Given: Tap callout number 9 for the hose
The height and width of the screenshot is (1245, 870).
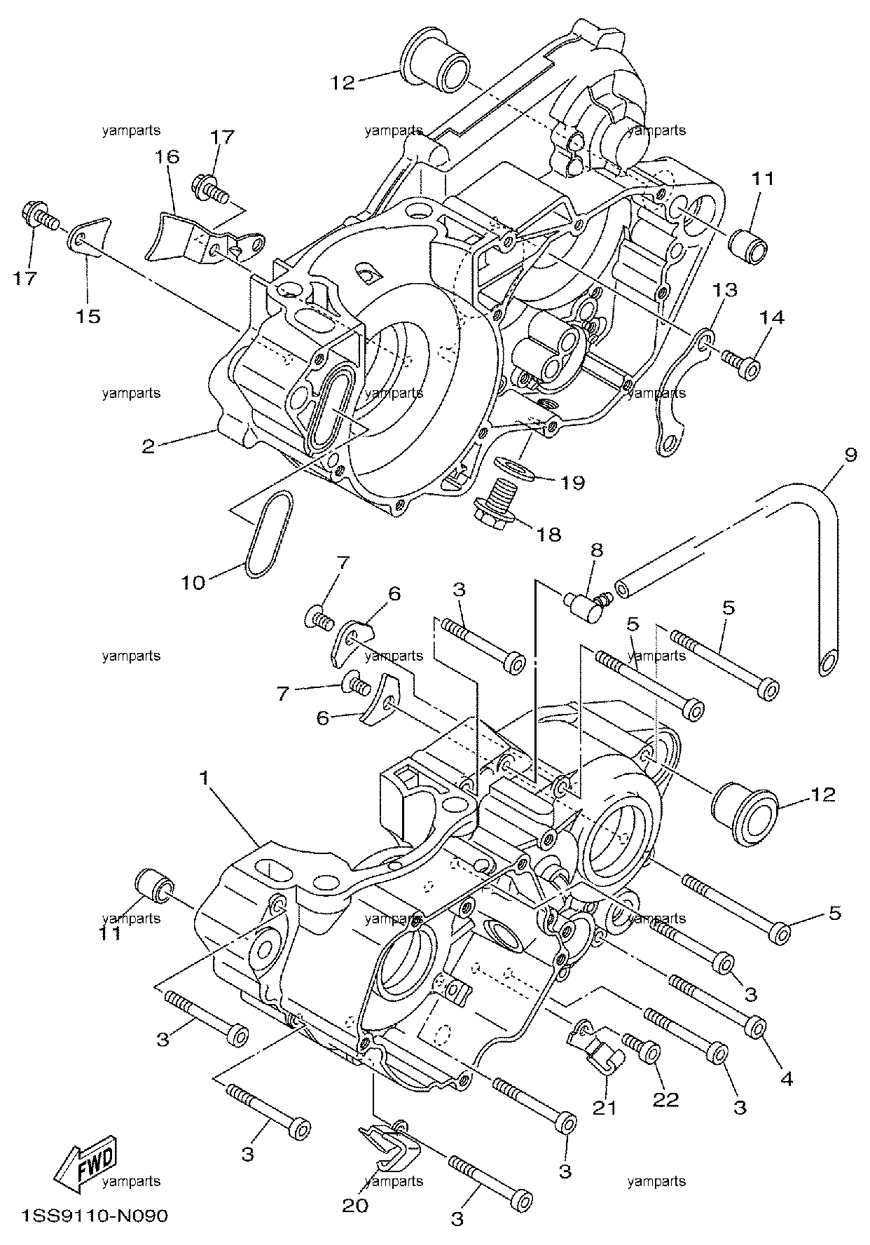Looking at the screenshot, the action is point(850,455).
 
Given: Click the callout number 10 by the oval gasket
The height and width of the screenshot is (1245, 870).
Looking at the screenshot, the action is point(193,582).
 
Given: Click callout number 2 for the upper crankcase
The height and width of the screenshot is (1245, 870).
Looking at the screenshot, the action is point(148,446).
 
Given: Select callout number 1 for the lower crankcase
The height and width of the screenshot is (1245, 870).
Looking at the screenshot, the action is point(204,778).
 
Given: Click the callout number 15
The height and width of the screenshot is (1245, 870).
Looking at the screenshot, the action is point(89,316).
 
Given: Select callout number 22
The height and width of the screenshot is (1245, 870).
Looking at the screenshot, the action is point(665,1100).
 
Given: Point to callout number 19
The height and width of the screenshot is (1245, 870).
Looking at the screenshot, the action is point(572,483).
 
